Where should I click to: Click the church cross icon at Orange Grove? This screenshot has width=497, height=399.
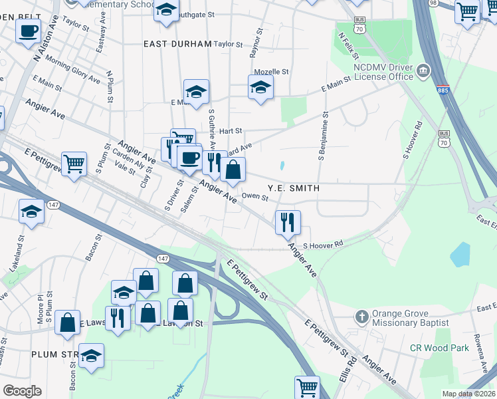coord(361,317)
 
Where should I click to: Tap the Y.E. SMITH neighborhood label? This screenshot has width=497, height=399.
coord(293,189)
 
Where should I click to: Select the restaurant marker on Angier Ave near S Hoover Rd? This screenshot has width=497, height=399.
coord(288,221)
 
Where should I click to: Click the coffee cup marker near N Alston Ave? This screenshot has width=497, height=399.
coord(28,31)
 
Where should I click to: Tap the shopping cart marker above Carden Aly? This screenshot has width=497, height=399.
coord(74,162)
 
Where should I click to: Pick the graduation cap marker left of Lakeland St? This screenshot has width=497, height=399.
coord(31,211)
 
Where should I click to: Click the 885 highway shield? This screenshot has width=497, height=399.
coord(442,89)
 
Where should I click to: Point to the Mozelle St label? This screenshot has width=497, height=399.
coord(271,72)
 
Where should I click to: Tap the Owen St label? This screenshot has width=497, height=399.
coord(255,197)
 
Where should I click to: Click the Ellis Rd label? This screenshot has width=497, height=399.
coord(351,369)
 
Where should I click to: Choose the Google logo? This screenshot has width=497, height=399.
coord(22,391)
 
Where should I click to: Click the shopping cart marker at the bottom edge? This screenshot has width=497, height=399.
coord(307,387)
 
